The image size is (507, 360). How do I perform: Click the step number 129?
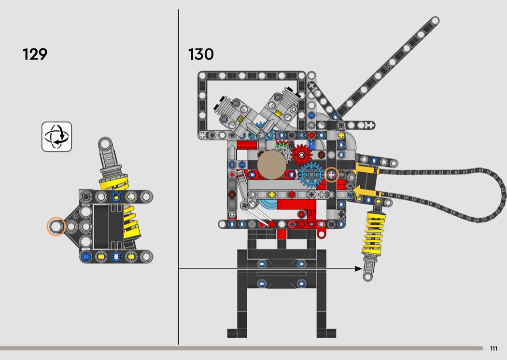point(35,54)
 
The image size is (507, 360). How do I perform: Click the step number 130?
point(201,54)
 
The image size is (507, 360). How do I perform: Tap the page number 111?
point(493,348)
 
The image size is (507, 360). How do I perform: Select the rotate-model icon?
point(56,137)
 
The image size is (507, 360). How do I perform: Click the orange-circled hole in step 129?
point(56,226)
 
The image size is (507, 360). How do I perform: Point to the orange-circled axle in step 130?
point(331,175)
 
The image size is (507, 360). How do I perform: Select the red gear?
point(302,155)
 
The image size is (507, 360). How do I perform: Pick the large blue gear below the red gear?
point(311,175)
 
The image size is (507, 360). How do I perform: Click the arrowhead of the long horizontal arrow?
point(359,268)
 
